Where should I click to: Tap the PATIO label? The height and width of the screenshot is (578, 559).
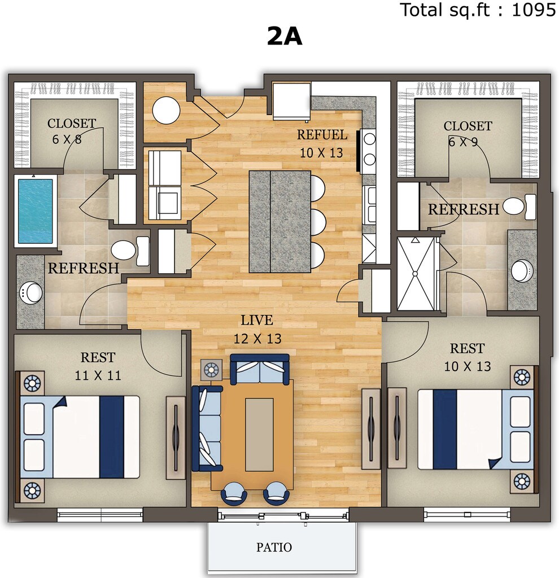[x=274, y=548]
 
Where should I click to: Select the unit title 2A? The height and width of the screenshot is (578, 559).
[x=285, y=37]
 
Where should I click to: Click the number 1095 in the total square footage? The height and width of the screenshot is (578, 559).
[x=534, y=10]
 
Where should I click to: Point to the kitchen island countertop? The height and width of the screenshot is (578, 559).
[x=280, y=221]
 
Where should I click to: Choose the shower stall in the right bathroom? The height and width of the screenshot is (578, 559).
[x=416, y=274]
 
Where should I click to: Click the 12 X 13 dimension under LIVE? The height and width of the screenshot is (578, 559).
[x=257, y=339]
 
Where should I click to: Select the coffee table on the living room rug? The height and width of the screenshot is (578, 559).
[x=259, y=434]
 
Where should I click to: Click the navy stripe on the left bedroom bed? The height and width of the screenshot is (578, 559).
[x=112, y=437]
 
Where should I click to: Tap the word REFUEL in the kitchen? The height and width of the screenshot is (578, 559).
[x=322, y=135]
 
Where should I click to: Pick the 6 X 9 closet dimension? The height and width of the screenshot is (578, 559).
[x=463, y=142]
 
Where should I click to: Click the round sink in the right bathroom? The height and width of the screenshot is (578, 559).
[x=522, y=271]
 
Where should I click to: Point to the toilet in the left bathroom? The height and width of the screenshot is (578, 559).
[x=130, y=250]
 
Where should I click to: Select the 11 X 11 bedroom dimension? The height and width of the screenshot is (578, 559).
[x=98, y=375]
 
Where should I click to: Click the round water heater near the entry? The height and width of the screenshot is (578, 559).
[x=167, y=110]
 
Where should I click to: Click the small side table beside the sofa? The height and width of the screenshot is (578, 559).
[x=212, y=369]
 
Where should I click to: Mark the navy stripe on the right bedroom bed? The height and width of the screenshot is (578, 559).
[x=445, y=430]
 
